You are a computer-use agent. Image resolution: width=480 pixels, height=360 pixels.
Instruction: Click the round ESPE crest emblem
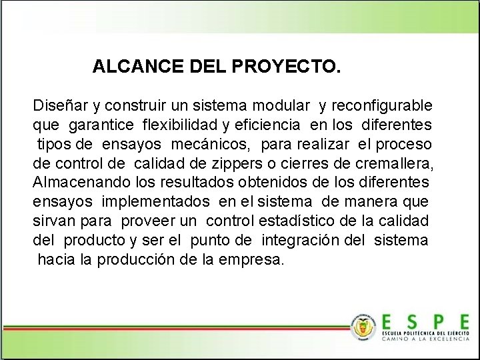coord(363,327)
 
